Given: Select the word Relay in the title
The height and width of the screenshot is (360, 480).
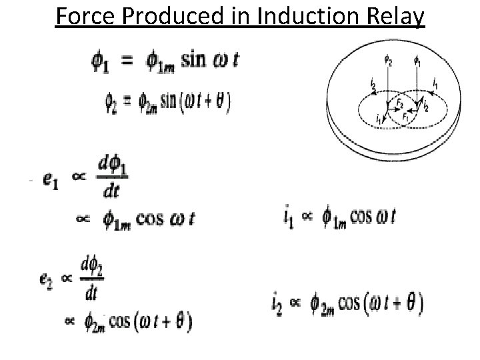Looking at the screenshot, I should [x=397, y=15].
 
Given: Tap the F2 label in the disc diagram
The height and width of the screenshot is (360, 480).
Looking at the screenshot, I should [x=400, y=105].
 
